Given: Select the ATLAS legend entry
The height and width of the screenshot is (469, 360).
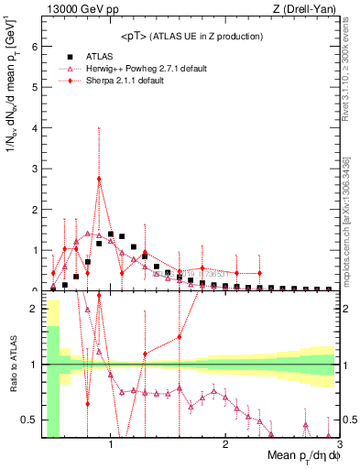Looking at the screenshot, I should [x=101, y=59].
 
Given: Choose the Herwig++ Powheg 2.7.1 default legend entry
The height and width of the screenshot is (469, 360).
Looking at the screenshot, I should [x=137, y=70].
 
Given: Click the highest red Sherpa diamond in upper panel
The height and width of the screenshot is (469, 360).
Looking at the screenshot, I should [x=99, y=178].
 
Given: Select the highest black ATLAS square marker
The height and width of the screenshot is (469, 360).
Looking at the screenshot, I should [x=110, y=234].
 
